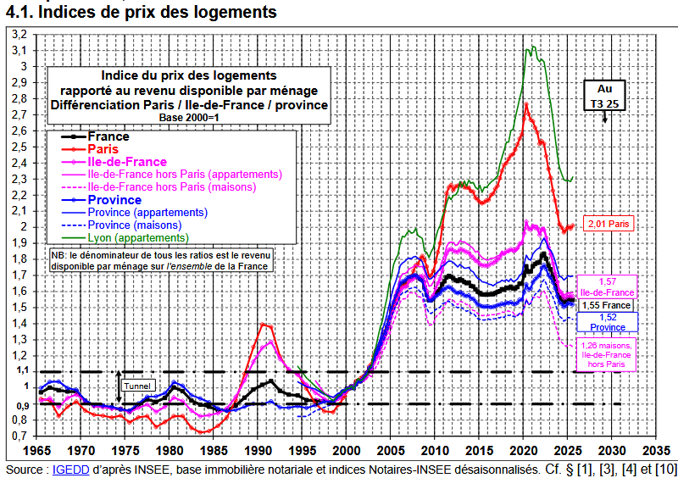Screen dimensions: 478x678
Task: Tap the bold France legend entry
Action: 108,136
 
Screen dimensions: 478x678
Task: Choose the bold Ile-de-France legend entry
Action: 127,162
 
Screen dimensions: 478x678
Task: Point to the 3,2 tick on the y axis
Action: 19,34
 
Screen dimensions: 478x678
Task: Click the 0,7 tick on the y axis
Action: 19,436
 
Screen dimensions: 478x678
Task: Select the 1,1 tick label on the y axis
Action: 19,371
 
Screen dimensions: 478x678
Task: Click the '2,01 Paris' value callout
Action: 609,225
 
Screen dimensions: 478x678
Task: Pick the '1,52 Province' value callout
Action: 608,321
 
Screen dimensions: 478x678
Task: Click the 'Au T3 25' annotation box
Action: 605,95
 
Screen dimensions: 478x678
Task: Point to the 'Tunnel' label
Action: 137,386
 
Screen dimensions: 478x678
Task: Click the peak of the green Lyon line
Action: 532,47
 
